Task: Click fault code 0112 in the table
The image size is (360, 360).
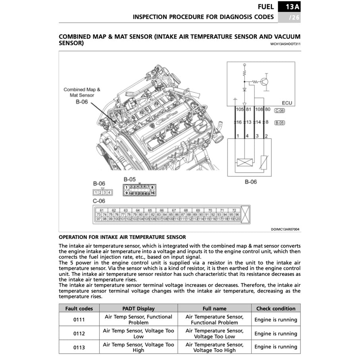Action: click(x=79, y=333)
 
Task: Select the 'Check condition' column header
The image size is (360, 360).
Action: click(x=276, y=308)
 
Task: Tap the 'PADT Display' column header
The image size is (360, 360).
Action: click(x=139, y=308)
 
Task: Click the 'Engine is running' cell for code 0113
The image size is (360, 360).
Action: click(x=276, y=347)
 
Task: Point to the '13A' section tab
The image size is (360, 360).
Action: click(x=289, y=7)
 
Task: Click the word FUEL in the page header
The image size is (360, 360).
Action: click(x=266, y=7)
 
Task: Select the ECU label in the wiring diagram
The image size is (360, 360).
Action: click(x=287, y=103)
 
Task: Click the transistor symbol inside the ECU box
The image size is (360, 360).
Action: click(x=265, y=82)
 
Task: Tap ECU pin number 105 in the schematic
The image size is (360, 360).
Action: click(x=240, y=109)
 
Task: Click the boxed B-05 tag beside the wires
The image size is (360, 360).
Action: click(x=279, y=123)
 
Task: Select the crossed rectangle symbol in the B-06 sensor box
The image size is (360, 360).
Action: click(x=243, y=162)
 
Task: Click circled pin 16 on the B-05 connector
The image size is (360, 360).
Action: click(x=152, y=193)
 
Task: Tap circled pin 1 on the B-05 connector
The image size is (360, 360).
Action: click(x=126, y=187)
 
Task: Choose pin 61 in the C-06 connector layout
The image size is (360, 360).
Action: click(x=102, y=210)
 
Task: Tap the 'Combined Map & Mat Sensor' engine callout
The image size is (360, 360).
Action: click(x=82, y=92)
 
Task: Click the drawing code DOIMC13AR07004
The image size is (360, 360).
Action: click(x=286, y=229)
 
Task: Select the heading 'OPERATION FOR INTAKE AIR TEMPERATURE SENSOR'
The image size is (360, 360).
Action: click(x=122, y=237)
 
